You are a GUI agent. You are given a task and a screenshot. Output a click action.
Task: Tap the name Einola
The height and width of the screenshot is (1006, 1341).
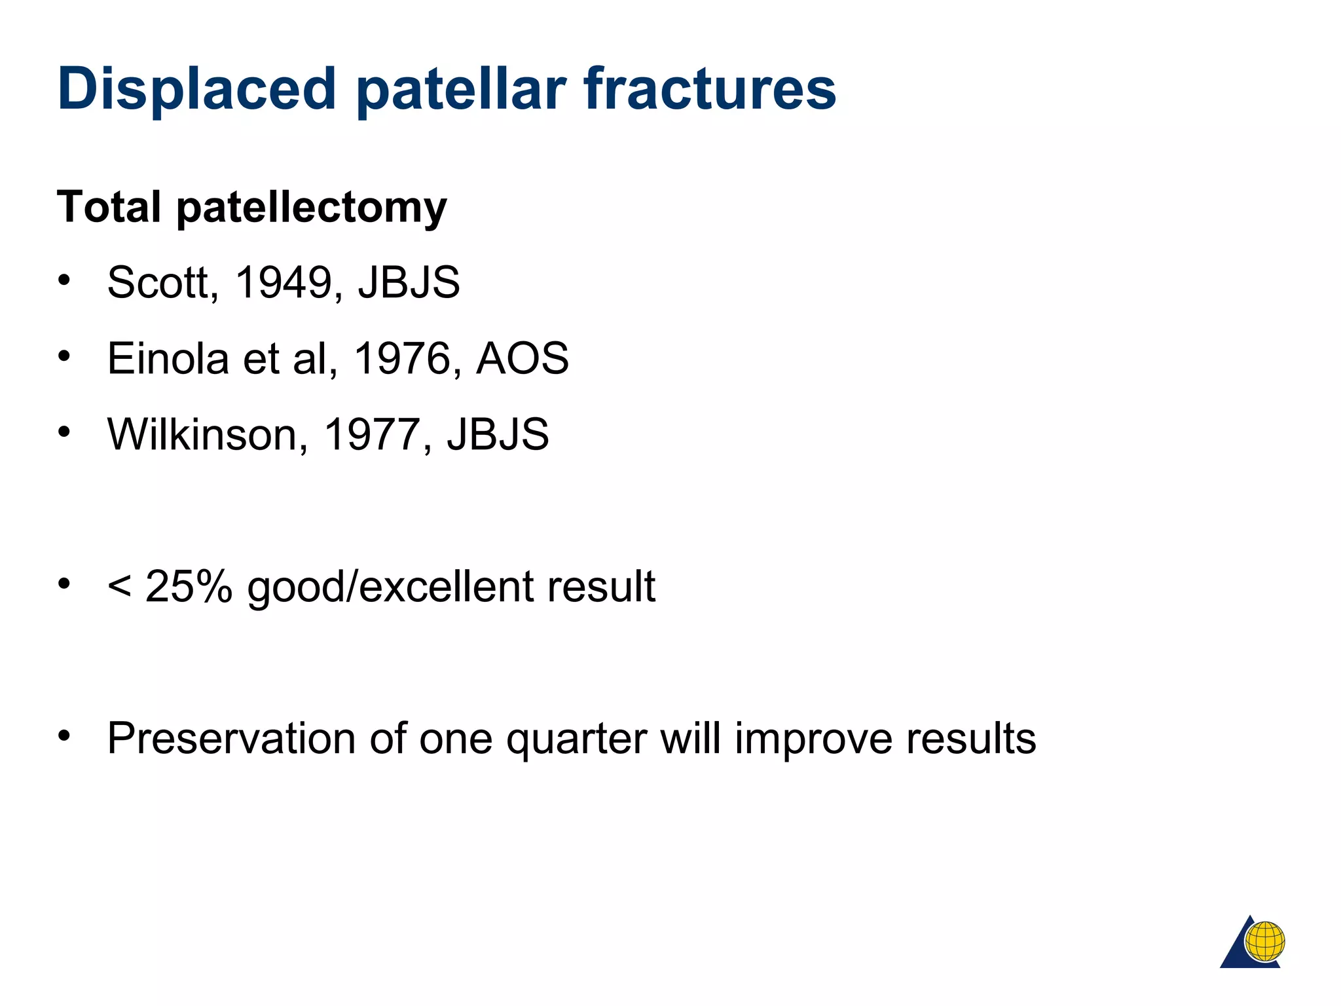pos(168,358)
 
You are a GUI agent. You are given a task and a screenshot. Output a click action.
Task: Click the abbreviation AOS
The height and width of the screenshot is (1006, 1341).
pos(523,358)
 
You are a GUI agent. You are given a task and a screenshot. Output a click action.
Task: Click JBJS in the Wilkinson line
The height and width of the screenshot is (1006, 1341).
pos(498,434)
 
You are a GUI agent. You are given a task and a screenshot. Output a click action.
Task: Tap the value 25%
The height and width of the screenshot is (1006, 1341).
pos(189,586)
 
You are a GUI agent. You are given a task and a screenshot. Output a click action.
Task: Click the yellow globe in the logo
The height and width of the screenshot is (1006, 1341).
pos(1264,942)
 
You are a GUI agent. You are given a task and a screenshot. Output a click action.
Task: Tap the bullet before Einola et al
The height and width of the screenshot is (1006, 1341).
pos(64,356)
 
